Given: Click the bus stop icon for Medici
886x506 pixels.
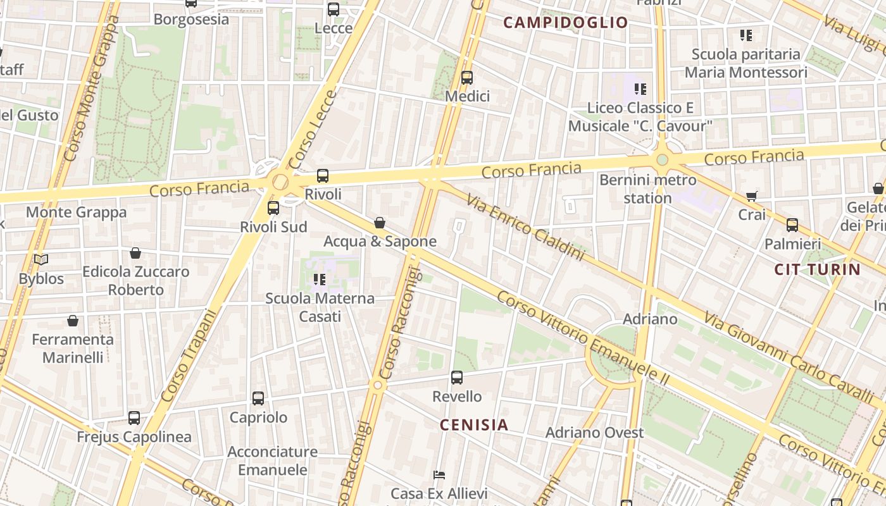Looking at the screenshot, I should (467, 78).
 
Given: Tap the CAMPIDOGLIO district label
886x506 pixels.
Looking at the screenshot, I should (565, 23).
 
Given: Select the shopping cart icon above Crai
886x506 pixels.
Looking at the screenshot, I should (751, 197).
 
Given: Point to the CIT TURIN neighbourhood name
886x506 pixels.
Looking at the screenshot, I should (817, 269).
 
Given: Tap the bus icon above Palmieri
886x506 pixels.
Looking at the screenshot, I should (792, 225).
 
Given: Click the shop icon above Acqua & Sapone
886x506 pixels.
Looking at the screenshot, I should (380, 223).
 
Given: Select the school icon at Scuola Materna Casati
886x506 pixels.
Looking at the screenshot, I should (320, 279).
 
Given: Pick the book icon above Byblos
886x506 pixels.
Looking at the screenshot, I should (41, 260).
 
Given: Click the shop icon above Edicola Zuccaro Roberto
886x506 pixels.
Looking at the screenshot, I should (135, 253).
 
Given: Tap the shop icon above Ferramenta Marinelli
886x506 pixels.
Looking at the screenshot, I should (73, 321).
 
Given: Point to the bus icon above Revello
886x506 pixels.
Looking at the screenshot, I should (457, 378).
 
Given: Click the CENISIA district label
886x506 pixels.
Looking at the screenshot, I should (474, 425).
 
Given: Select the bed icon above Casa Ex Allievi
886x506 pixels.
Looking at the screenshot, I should (439, 475).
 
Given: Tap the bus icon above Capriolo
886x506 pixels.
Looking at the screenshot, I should (258, 398).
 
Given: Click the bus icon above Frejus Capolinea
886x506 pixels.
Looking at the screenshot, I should (134, 418).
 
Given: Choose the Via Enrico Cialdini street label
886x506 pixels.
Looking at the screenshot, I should (525, 227).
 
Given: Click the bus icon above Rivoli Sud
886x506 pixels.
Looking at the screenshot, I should (273, 208).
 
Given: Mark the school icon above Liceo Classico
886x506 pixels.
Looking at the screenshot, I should (640, 89).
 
